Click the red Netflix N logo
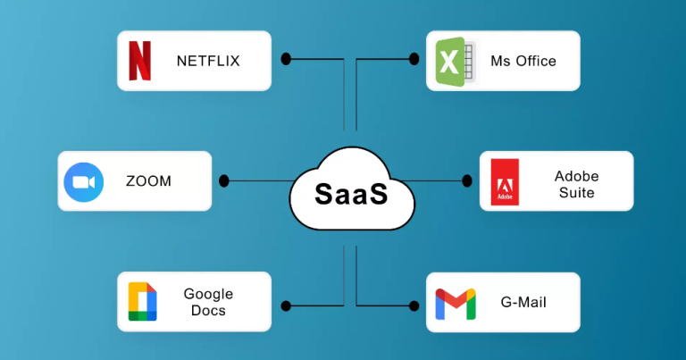[x=140, y=61]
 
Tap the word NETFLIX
[x=208, y=62]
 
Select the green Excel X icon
[x=450, y=62]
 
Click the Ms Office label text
[x=523, y=62]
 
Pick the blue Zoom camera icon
[x=83, y=181]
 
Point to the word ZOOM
[x=148, y=181]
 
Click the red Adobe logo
[x=505, y=182]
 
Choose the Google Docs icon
[x=142, y=302]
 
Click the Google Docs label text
[x=208, y=302]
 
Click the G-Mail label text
[x=523, y=303]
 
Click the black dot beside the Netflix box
[x=287, y=60]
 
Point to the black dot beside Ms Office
[x=414, y=60]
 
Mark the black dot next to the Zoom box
[x=224, y=181]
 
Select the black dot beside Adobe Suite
[x=466, y=181]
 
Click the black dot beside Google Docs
[x=287, y=306]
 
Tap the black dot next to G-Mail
[x=414, y=306]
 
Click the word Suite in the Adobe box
[x=576, y=192]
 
